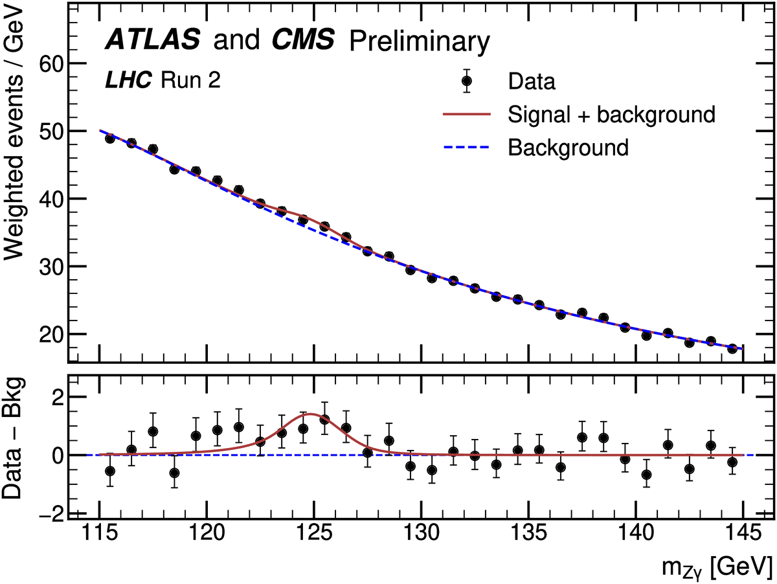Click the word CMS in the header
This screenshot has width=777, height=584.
click(x=302, y=41)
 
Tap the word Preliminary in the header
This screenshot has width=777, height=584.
click(x=418, y=43)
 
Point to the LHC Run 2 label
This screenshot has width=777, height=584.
click(x=154, y=80)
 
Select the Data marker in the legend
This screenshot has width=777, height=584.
click(x=466, y=81)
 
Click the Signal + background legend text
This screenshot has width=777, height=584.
click(x=611, y=115)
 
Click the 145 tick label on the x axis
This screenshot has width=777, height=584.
click(x=742, y=535)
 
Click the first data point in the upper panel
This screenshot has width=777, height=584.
click(x=110, y=139)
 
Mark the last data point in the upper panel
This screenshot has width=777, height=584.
click(x=732, y=348)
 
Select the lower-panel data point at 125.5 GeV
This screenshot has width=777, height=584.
click(x=324, y=420)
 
